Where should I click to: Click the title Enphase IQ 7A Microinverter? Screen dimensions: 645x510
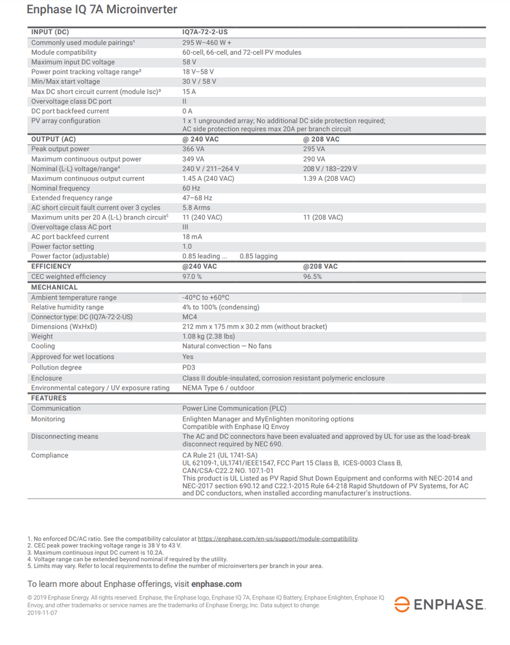click(102, 10)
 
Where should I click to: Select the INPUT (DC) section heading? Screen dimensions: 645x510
click(50, 31)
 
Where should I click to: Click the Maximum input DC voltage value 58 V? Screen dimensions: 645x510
click(190, 62)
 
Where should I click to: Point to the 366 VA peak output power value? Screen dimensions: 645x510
click(193, 149)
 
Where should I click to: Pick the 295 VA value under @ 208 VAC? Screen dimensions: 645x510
click(314, 149)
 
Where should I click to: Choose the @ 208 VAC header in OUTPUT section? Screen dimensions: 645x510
click(321, 139)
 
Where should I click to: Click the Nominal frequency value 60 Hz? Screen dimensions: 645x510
click(191, 188)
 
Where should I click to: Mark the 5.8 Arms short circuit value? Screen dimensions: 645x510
click(196, 208)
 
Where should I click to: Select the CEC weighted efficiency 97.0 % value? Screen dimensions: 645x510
click(192, 277)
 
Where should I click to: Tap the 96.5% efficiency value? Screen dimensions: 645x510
click(313, 277)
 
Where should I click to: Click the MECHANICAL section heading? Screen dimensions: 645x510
click(55, 287)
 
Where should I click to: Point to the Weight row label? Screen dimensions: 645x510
click(43, 336)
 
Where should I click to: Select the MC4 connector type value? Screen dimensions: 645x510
click(190, 317)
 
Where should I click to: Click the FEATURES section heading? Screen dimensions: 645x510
click(49, 398)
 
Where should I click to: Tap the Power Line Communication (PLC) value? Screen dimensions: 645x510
click(234, 408)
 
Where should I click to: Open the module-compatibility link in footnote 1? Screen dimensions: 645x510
click(278, 539)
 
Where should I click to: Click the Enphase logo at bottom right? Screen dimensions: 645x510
click(439, 605)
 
